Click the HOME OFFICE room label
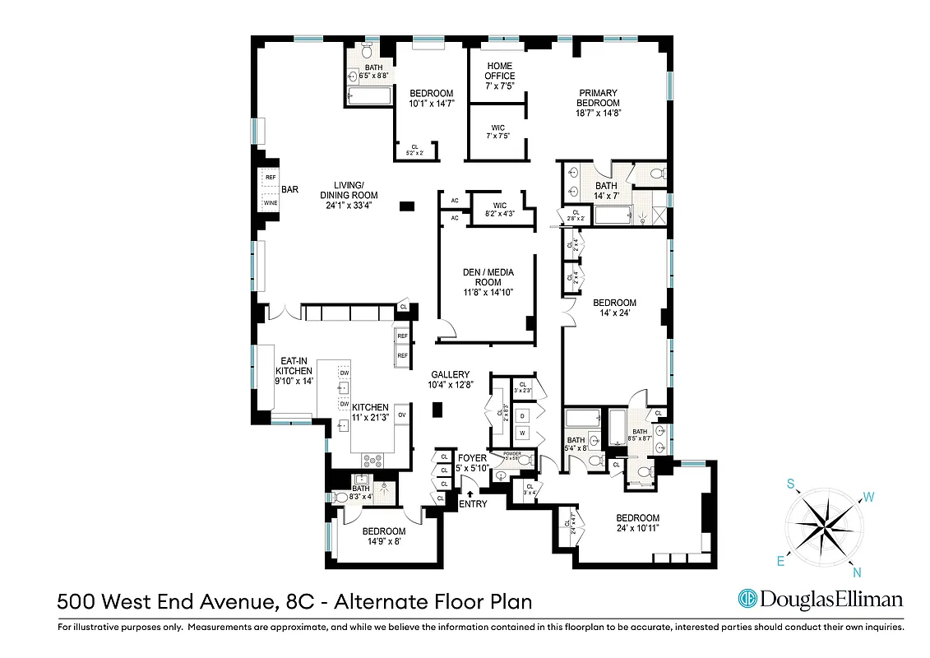pyautogui.click(x=499, y=71)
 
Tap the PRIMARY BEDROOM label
pyautogui.click(x=599, y=98)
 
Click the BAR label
pyautogui.click(x=290, y=189)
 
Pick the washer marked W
pyautogui.click(x=522, y=433)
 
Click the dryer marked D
pyautogui.click(x=522, y=415)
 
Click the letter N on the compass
pyautogui.click(x=857, y=573)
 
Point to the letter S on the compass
pyautogui.click(x=791, y=485)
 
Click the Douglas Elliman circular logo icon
pyautogui.click(x=747, y=599)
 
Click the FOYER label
pyautogui.click(x=473, y=457)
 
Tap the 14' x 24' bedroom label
pyautogui.click(x=615, y=308)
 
